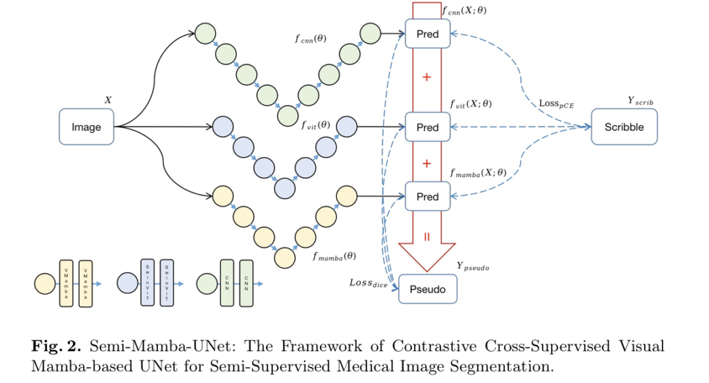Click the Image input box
pos(87,127)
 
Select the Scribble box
pos(624,127)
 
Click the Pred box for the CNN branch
pos(427,34)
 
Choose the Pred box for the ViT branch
pos(427,127)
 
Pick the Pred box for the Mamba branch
pos(427,196)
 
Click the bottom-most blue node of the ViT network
pos(284,187)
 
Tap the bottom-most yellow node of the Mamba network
pos(284,257)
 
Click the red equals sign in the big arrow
pos(427,236)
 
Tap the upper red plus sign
pos(427,77)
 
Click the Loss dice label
pos(368,282)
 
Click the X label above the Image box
pos(107,100)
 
